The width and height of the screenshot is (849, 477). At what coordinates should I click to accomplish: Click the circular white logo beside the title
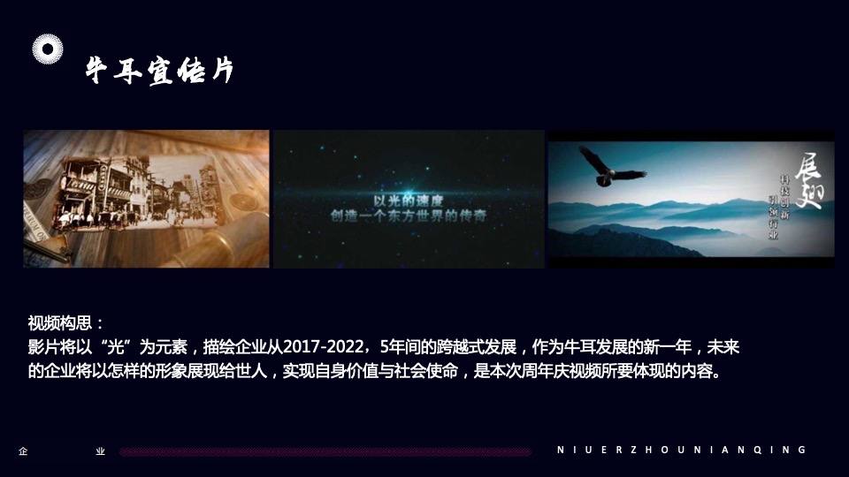tap(49, 49)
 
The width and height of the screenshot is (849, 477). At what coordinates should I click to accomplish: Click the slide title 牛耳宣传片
tap(159, 69)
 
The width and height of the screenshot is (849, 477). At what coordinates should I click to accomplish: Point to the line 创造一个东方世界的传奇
tap(408, 214)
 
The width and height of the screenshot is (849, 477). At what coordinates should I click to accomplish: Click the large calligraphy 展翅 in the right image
tap(807, 182)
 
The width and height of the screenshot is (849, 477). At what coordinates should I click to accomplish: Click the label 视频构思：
tap(66, 322)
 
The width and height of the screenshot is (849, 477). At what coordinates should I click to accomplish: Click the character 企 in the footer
tap(23, 450)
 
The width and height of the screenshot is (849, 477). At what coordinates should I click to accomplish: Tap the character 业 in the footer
tap(101, 450)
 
